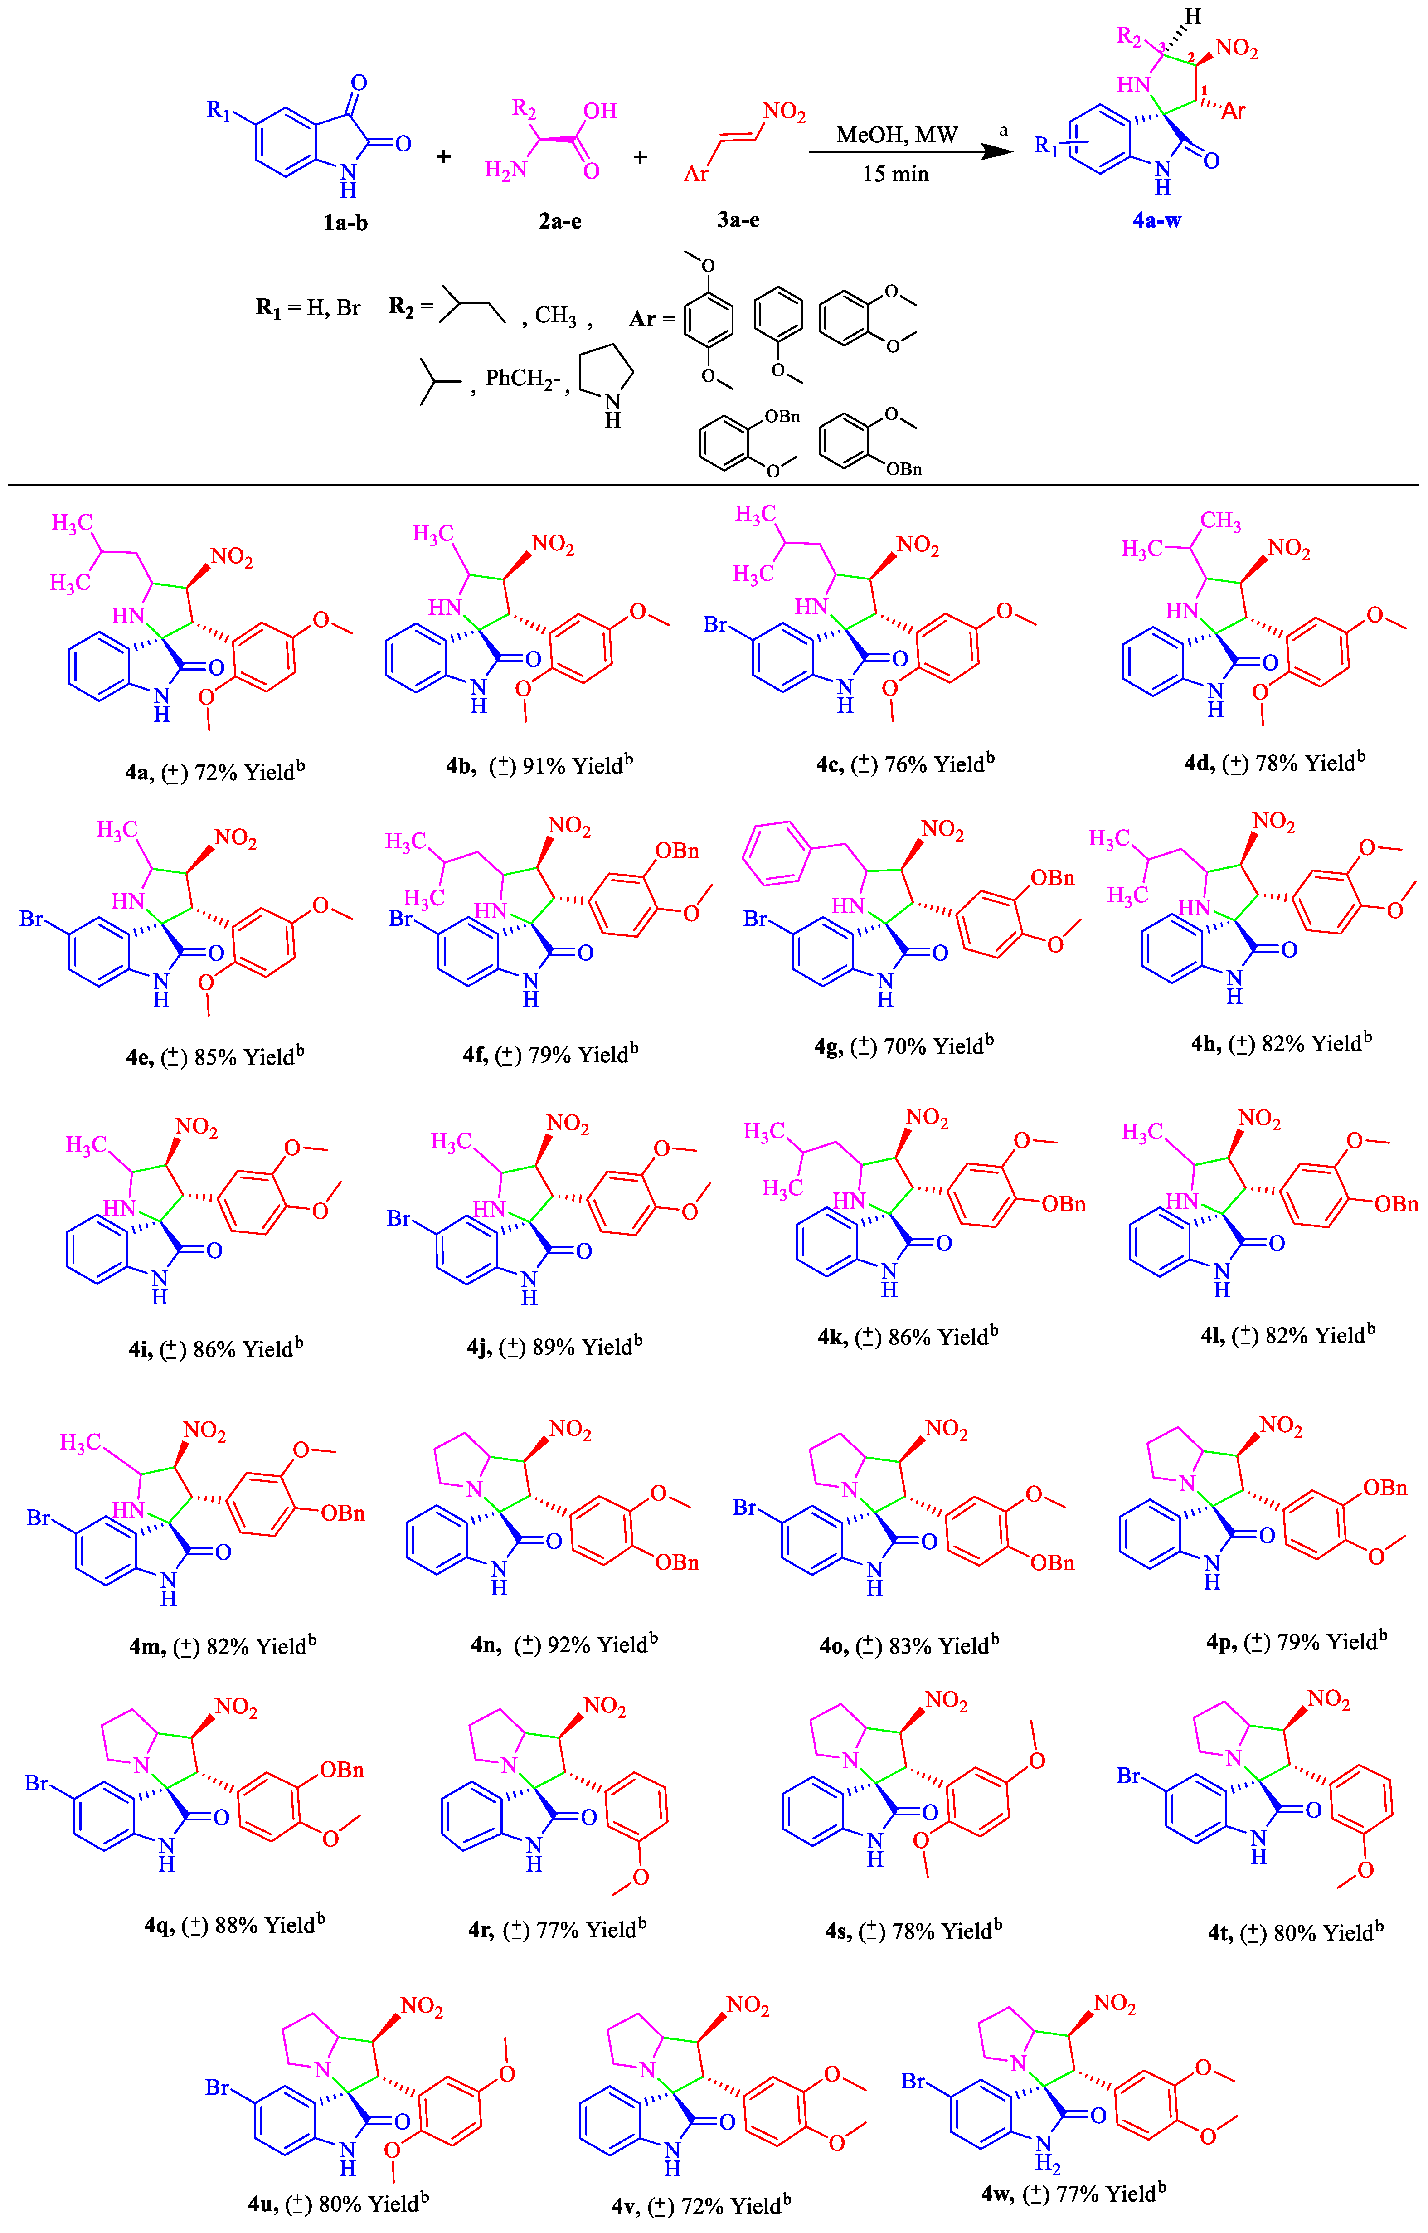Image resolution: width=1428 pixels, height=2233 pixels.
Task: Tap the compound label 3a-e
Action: (x=738, y=220)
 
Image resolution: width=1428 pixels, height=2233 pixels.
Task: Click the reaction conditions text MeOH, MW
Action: (x=896, y=136)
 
